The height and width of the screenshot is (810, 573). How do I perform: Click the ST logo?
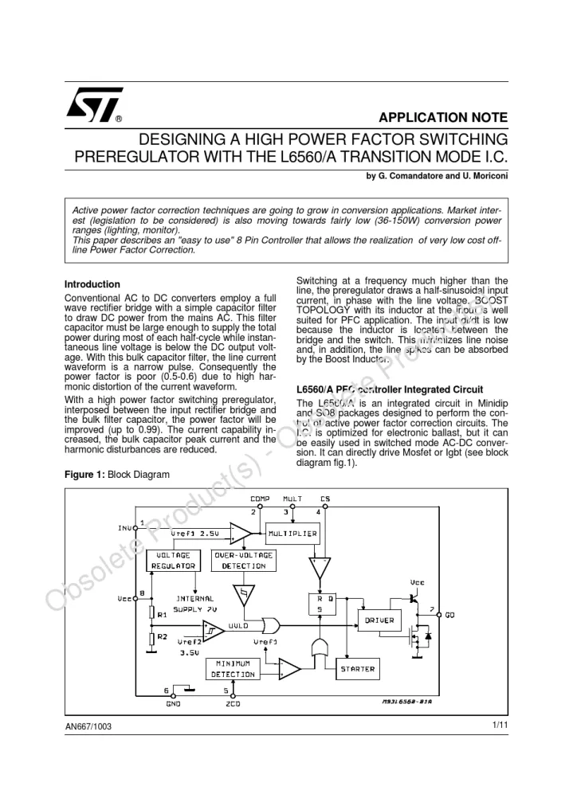pos(94,105)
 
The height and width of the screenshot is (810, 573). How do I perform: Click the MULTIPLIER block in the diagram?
pos(292,533)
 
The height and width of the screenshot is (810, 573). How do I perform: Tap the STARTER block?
pos(357,669)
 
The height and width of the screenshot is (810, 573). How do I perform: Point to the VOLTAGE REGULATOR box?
pos(174,560)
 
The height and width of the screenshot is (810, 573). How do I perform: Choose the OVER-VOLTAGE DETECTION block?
pos(244,560)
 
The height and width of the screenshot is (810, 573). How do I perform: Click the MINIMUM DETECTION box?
pos(232,669)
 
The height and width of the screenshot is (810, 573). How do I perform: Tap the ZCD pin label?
pos(232,704)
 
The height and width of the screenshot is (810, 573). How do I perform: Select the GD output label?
pos(449,615)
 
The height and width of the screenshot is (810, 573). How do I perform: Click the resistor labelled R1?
pos(151,614)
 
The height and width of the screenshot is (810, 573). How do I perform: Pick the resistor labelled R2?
pos(151,637)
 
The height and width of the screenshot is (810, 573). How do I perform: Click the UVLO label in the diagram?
pos(238,626)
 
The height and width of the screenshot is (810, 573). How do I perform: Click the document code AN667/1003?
pos(89,726)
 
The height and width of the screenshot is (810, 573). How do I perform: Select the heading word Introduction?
pos(92,284)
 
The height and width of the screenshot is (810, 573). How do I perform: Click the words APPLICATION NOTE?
pos(443,117)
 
